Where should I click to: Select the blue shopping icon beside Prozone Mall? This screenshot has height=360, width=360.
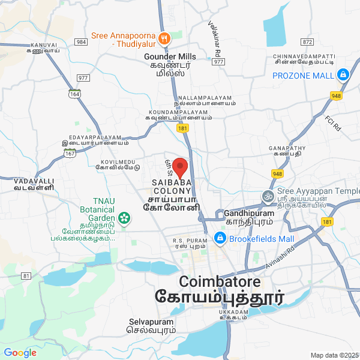pos(343,76)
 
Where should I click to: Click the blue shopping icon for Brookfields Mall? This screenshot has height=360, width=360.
pos(220,239)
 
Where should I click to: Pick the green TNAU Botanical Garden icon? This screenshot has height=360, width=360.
pos(124,218)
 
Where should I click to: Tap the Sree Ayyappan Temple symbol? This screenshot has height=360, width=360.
pos(267,196)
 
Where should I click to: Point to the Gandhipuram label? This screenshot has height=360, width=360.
pos(249,214)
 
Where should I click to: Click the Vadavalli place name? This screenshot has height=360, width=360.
pos(35,181)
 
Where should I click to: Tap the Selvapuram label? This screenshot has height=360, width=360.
pos(152,322)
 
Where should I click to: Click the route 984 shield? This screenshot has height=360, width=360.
pos(81,42)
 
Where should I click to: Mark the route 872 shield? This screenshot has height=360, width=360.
pos(308,42)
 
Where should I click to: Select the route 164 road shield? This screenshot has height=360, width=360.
pos(74,94)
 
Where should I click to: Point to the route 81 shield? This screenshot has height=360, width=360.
pos(26,275)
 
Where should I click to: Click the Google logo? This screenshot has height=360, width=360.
pos(20,352)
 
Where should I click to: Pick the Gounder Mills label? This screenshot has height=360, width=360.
pos(171,56)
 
